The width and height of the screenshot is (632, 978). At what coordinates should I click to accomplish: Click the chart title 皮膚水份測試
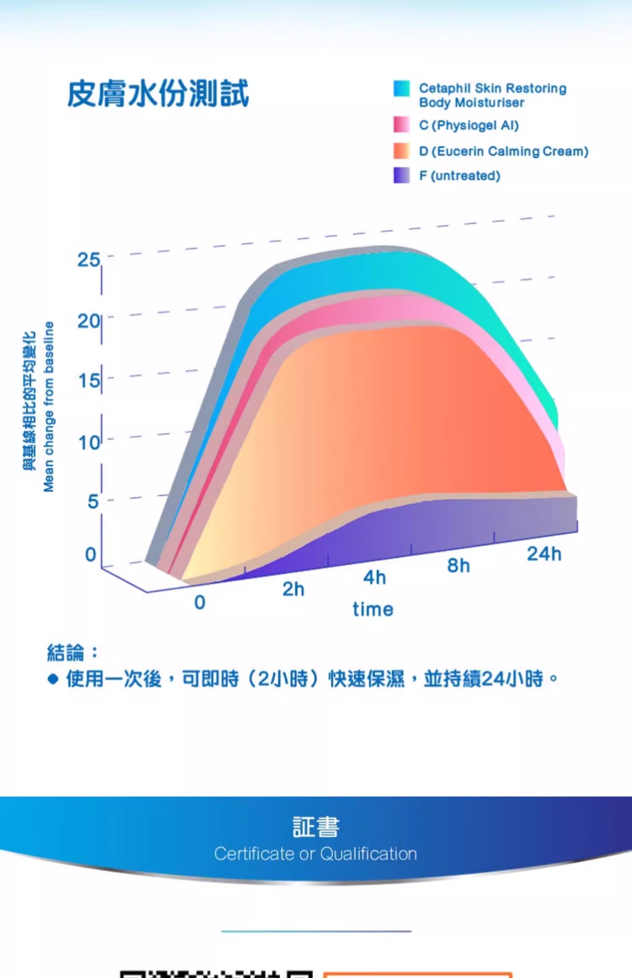pos(158,94)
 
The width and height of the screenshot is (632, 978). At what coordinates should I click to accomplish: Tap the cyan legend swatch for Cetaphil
pos(401,89)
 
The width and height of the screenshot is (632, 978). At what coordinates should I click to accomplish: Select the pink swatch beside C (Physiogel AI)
pos(401,125)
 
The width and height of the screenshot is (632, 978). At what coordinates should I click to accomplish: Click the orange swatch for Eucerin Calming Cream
pos(401,151)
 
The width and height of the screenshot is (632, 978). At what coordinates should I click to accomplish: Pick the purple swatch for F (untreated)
pos(401,175)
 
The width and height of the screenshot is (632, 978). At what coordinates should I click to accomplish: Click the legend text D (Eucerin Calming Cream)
pos(503,151)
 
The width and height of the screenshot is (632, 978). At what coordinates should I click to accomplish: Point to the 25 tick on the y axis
pos(88,260)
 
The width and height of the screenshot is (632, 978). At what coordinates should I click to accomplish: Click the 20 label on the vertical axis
pos(88,321)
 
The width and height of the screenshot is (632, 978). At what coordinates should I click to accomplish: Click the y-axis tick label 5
pos(93,502)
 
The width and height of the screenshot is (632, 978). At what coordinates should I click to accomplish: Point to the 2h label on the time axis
pos(293,589)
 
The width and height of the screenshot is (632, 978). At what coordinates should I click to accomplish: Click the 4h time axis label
pos(375,577)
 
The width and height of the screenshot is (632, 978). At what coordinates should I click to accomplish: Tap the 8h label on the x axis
pos(458,566)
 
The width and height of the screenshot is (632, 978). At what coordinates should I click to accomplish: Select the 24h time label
pos(544,554)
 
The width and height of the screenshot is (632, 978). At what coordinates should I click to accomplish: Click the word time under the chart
pos(373,609)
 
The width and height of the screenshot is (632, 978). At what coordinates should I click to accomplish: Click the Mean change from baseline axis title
pos(49,406)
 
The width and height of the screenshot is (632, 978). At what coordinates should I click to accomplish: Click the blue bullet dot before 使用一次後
pos(53,679)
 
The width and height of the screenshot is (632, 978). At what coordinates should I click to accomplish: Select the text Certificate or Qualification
pos(316,854)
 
